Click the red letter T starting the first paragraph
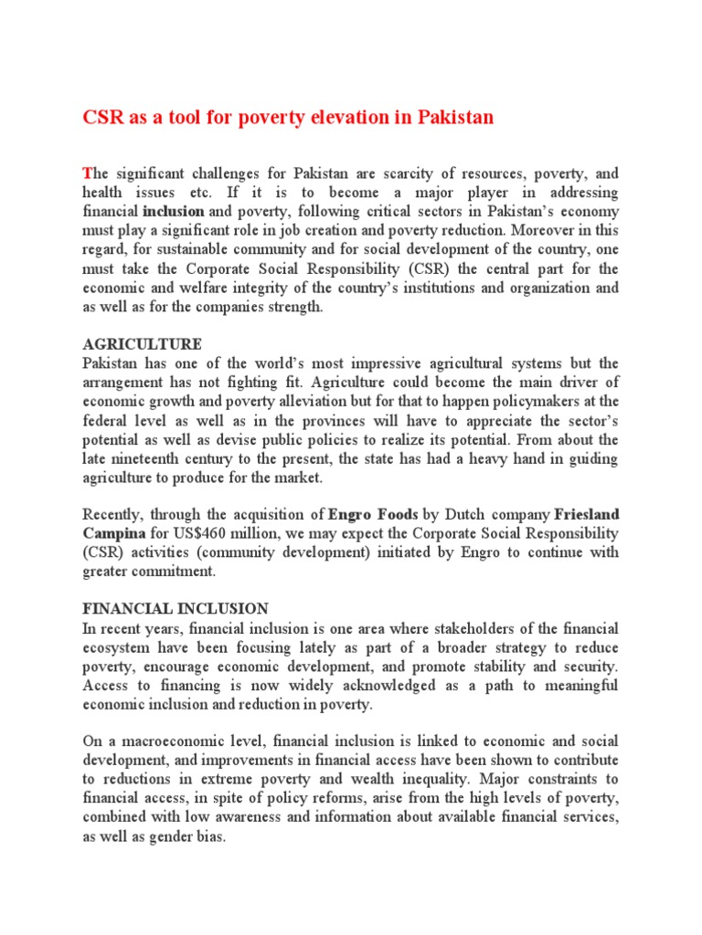pyautogui.click(x=88, y=173)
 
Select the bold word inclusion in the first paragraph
pyautogui.click(x=173, y=211)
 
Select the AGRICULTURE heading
pyautogui.click(x=142, y=344)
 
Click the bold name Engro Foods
pyautogui.click(x=372, y=514)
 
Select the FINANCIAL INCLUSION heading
pyautogui.click(x=175, y=609)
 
